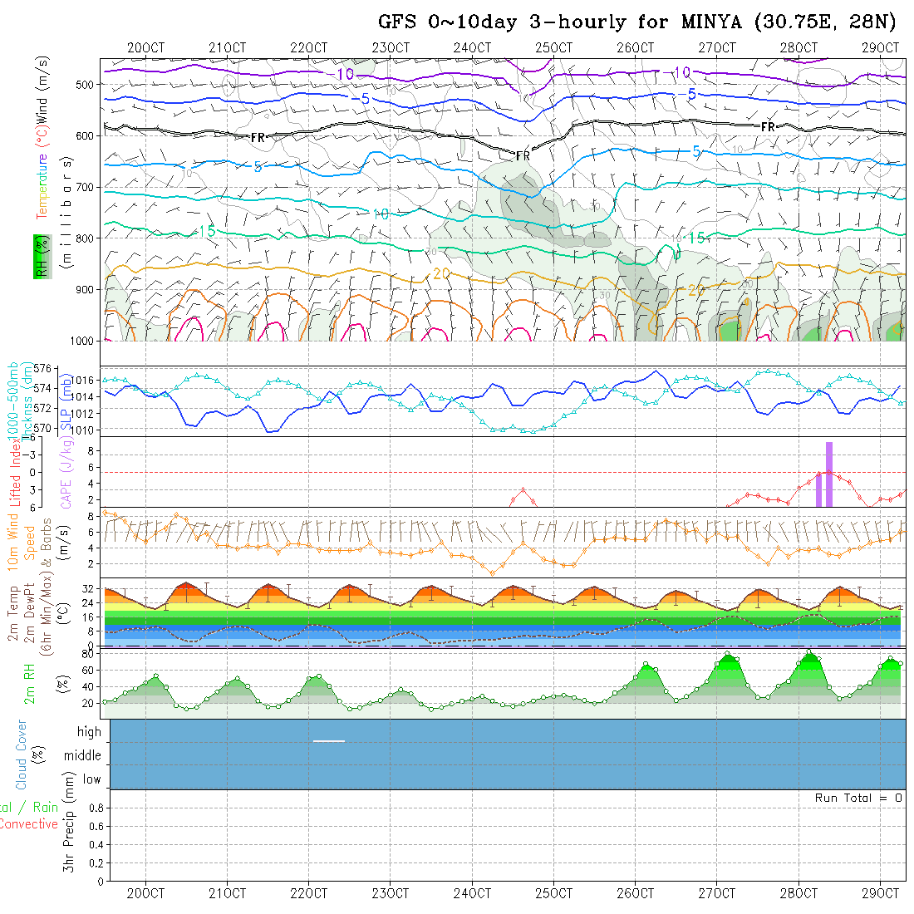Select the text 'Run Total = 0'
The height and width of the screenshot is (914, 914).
coord(858,798)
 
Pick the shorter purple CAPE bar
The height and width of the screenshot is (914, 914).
coord(818,489)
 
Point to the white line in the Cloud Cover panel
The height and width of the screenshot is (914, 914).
coord(329,740)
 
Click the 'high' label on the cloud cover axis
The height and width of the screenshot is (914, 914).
coord(89,732)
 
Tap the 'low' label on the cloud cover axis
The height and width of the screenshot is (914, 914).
coord(91,779)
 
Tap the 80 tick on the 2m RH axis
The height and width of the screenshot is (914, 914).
coord(85,654)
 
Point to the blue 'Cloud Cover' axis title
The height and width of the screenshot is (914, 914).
coord(22,754)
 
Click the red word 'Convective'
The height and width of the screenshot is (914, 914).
coord(28,824)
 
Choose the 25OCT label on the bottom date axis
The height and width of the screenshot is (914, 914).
coord(553,893)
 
